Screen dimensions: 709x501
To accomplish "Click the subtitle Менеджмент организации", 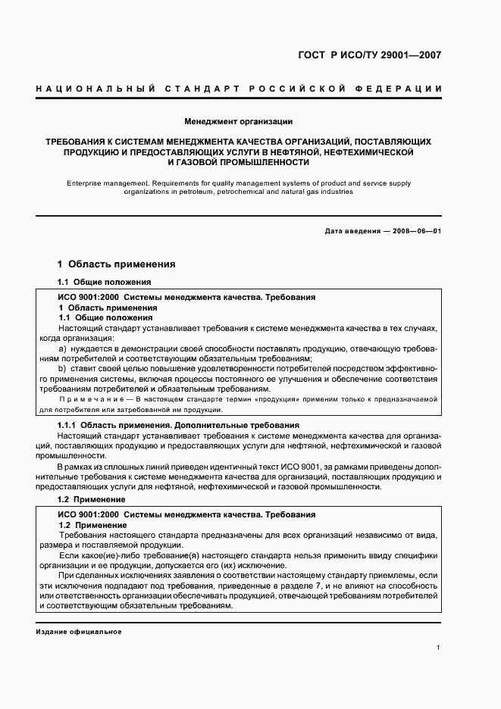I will pyautogui.click(x=239, y=121).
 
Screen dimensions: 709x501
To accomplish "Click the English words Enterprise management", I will pyautogui.click(x=102, y=183).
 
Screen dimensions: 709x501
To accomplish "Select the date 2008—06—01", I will pyautogui.click(x=416, y=231).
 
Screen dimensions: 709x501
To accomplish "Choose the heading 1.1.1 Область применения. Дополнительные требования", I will pyautogui.click(x=178, y=426).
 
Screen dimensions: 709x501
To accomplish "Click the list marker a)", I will pyautogui.click(x=62, y=348).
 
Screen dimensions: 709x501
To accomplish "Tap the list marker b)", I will pyautogui.click(x=62, y=368).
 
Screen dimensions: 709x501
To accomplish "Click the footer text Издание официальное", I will pyautogui.click(x=78, y=632).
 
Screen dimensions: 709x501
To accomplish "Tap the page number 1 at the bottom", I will pyautogui.click(x=439, y=648).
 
